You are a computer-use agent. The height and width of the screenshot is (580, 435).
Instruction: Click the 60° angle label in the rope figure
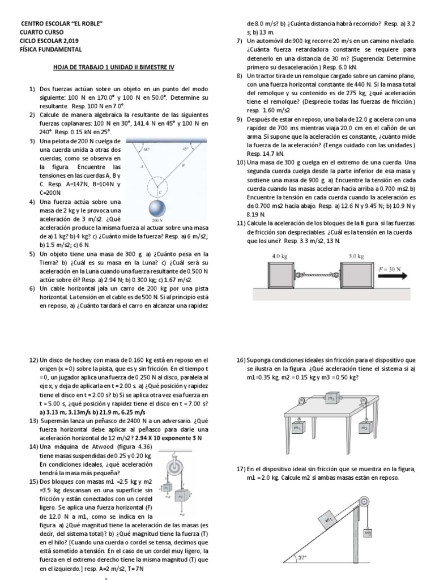pos(147,150)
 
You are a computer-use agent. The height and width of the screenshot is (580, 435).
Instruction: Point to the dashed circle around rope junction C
pos(154,184)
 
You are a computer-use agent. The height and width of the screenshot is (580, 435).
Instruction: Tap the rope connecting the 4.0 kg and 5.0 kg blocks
pos(317,275)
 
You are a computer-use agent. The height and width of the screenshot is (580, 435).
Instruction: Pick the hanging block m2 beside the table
pos(365,428)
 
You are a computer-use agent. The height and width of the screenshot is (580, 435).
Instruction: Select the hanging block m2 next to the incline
pos(368,532)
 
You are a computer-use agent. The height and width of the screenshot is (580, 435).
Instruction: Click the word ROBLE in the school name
pos(91,23)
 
